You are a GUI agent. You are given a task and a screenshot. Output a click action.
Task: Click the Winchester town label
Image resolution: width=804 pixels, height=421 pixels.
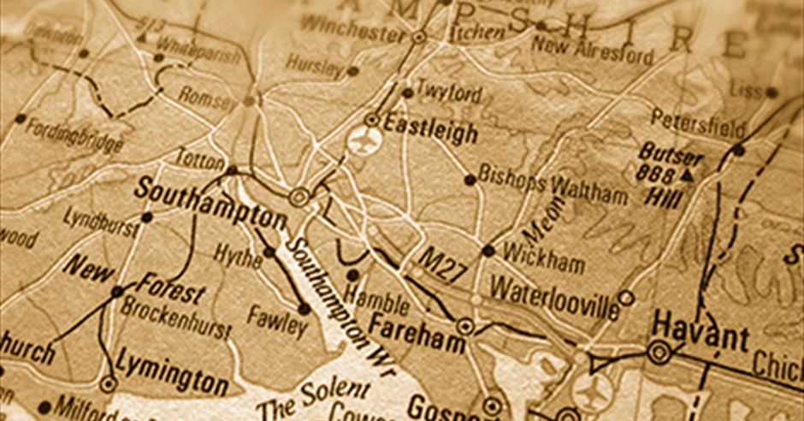(352, 29)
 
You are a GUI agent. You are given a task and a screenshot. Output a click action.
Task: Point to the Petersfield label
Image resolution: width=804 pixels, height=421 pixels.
(698, 124)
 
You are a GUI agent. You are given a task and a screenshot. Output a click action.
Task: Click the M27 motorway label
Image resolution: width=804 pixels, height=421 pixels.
(443, 267)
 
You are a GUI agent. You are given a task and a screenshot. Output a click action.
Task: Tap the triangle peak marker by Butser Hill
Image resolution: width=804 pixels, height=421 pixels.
(689, 175)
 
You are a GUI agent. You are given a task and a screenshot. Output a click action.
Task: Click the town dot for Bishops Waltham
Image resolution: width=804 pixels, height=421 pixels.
(470, 180)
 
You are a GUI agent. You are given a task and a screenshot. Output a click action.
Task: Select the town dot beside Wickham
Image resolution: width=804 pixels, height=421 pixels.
(488, 251)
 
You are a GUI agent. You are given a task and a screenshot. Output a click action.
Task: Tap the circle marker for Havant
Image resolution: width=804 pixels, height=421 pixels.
(659, 352)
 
